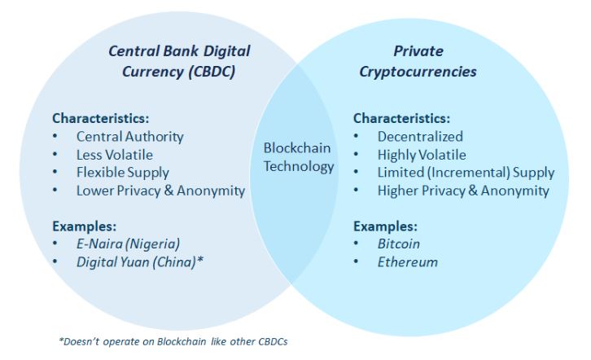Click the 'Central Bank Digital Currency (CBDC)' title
[179, 61]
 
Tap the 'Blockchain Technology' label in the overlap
[298, 157]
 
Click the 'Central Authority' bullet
[129, 137]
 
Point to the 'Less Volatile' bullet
[114, 155]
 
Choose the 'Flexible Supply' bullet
[122, 173]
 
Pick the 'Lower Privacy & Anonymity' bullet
[160, 191]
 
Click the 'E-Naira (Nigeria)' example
[128, 244]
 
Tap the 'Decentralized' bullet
[419, 137]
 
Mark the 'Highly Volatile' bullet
[422, 155]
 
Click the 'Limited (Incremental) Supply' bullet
[466, 173]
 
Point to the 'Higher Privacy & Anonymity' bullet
[462, 191]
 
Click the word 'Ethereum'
[407, 261]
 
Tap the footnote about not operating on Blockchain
[173, 340]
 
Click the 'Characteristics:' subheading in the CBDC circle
[100, 118]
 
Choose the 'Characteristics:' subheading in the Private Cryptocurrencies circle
[401, 118]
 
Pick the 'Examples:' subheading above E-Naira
[85, 226]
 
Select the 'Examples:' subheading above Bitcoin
[385, 226]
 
